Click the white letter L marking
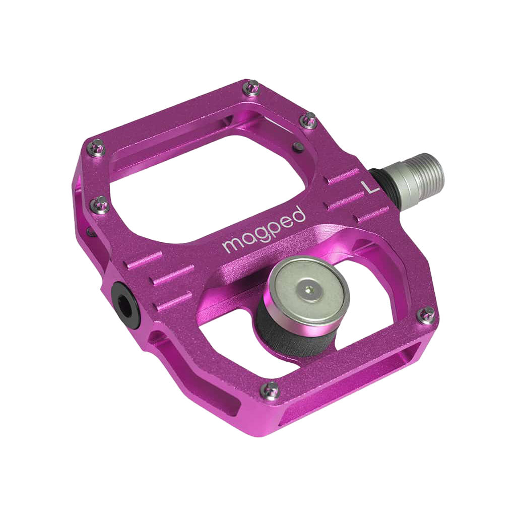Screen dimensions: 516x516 (x=370, y=186)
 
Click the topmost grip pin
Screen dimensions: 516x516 (x=250, y=88)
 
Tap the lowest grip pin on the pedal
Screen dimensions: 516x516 (x=271, y=389)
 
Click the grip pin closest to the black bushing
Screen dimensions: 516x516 (x=101, y=204)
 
